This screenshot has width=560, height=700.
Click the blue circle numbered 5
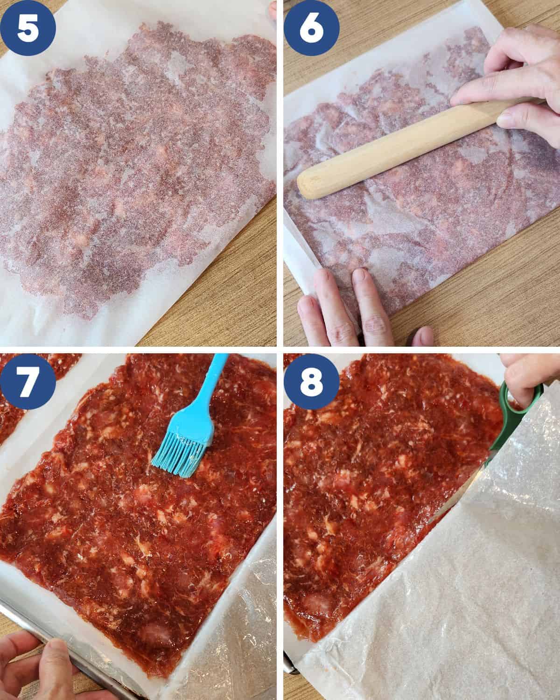28,28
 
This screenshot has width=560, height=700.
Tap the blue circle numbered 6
311,28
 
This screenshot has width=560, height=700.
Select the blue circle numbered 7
28,381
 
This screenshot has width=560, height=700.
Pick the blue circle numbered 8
311,381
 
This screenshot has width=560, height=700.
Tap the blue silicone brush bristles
178,456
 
